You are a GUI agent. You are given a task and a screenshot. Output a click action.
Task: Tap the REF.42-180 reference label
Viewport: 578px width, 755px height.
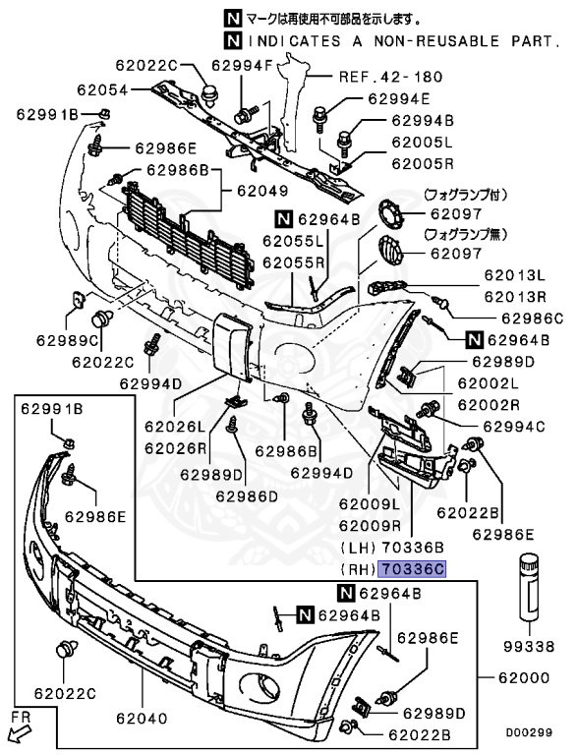coord(390,76)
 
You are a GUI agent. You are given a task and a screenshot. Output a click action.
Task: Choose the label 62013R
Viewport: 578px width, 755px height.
coord(514,296)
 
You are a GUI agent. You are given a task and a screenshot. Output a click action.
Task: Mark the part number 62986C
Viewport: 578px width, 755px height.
coord(532,318)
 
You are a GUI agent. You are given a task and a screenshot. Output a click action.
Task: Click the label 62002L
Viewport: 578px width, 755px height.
coord(486,384)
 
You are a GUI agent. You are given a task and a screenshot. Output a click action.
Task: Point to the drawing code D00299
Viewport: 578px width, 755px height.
coord(532,732)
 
